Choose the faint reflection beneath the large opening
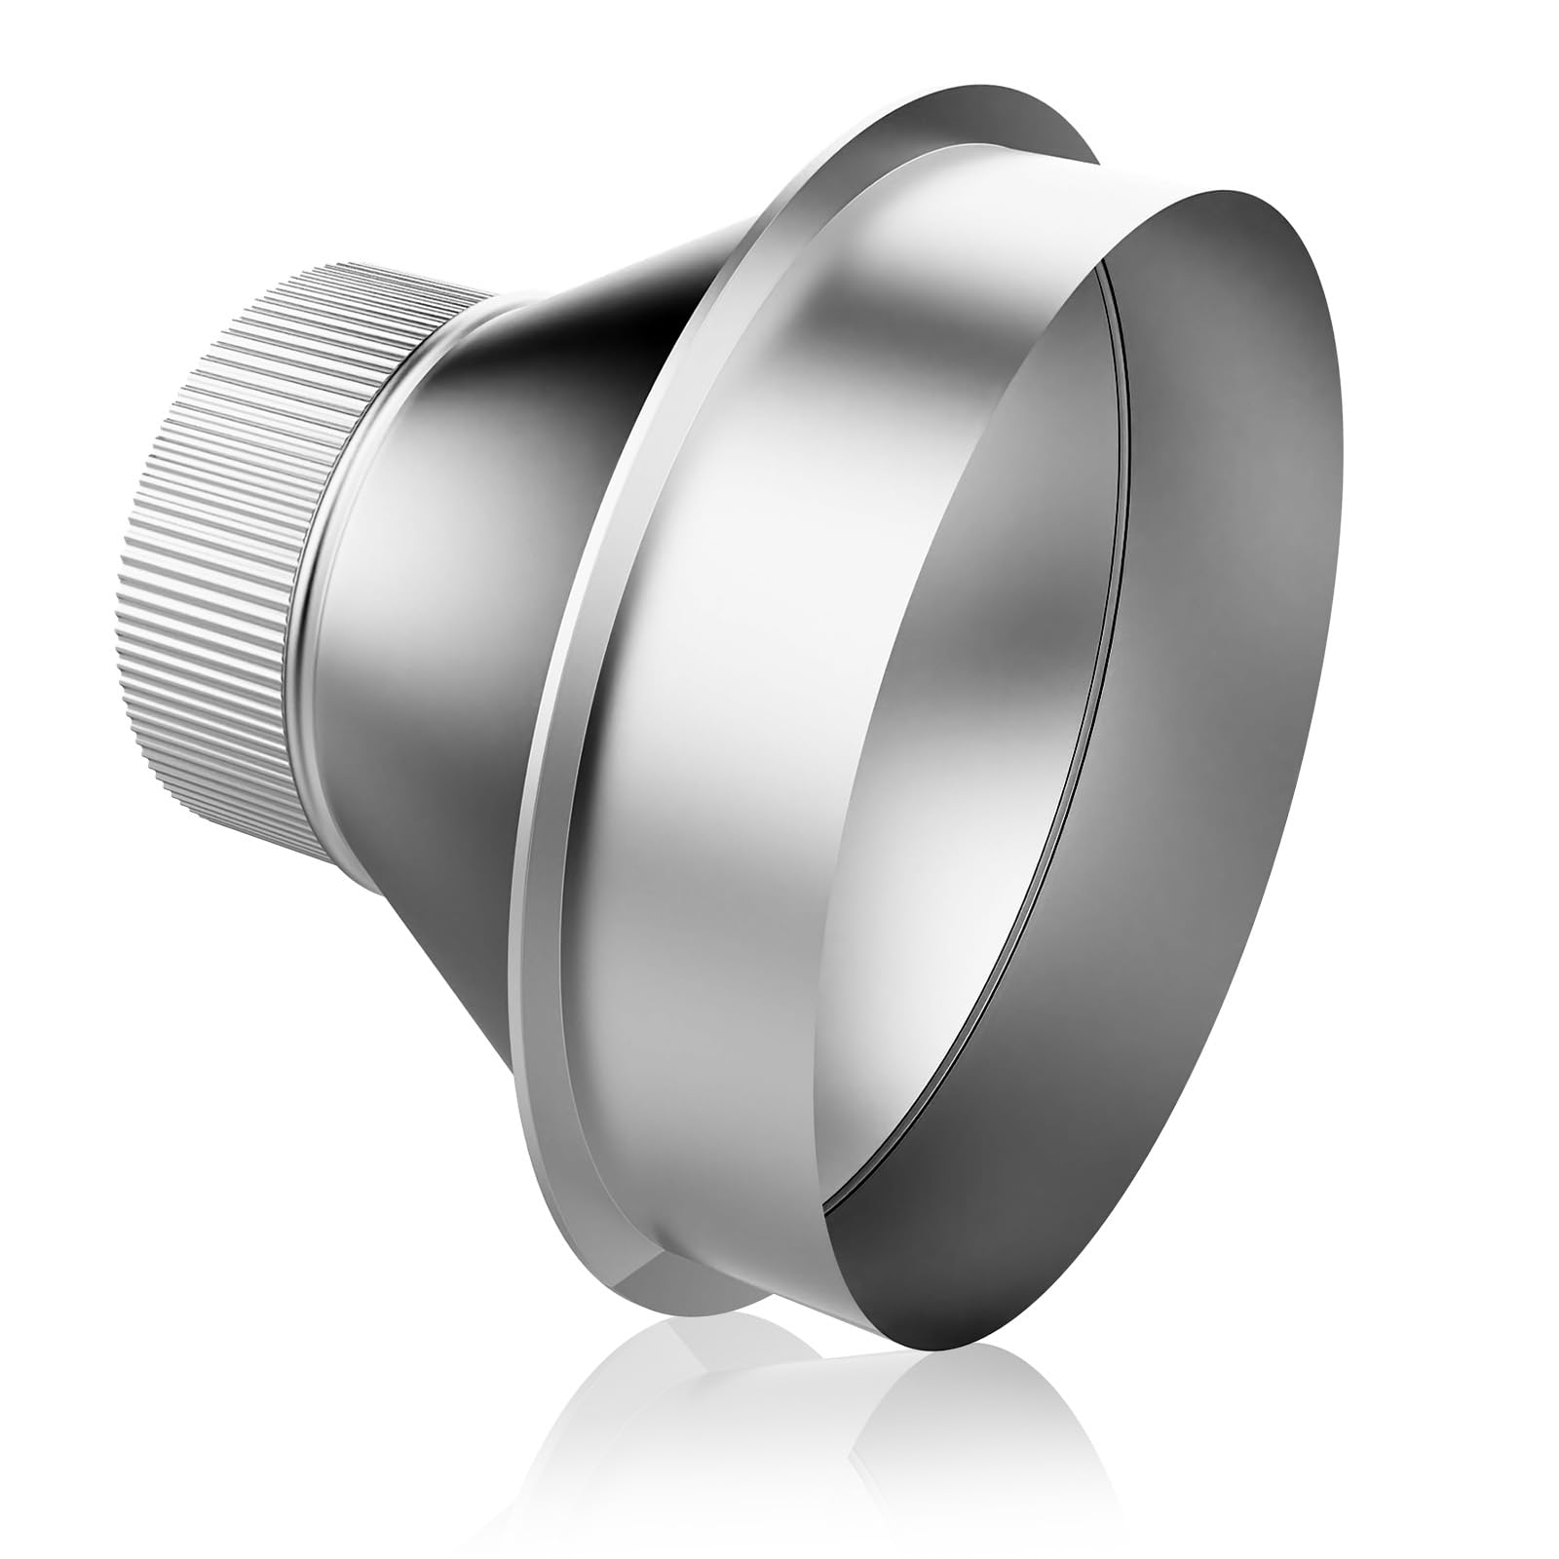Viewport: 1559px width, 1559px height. tap(974, 1403)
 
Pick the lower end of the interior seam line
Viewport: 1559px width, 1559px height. tap(828, 1208)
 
